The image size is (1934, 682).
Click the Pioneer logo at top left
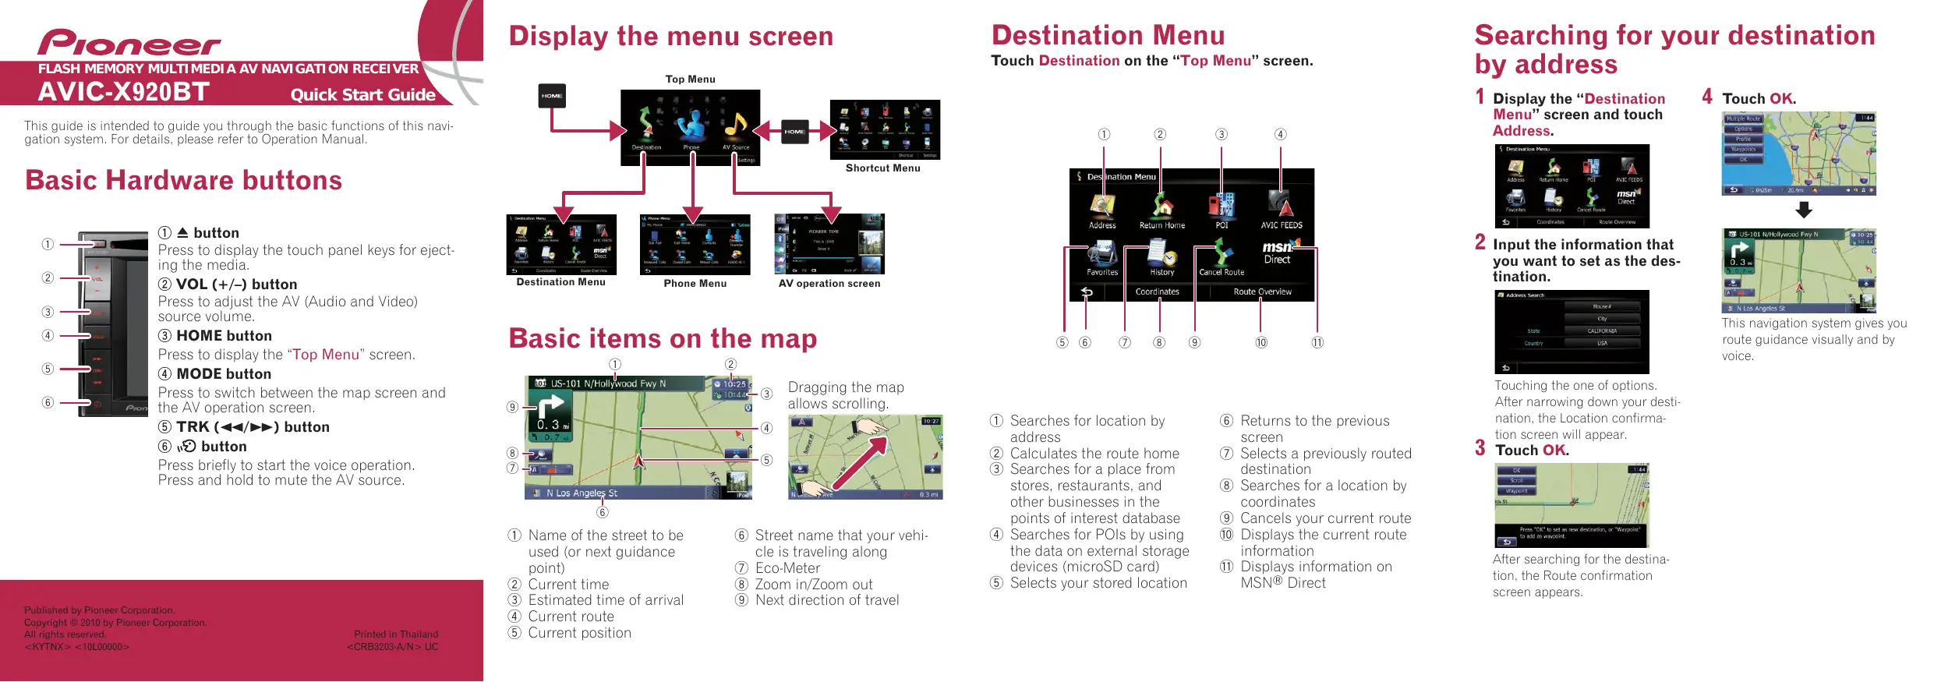pyautogui.click(x=129, y=43)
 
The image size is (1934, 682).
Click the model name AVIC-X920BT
pyautogui.click(x=123, y=93)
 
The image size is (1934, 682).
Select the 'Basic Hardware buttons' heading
pyautogui.click(x=183, y=181)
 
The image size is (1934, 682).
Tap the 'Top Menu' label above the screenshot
pyautogui.click(x=690, y=80)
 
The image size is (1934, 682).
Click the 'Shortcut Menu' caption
pyautogui.click(x=882, y=168)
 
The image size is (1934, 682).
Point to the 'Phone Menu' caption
pyautogui.click(x=695, y=284)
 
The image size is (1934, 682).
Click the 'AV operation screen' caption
pyautogui.click(x=829, y=284)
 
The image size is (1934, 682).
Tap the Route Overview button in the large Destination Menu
pyautogui.click(x=1262, y=292)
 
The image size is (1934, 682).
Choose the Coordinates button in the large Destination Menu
pyautogui.click(x=1157, y=292)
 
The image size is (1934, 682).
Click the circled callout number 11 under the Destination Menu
pyautogui.click(x=1317, y=343)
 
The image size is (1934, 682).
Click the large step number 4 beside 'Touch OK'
pyautogui.click(x=1707, y=97)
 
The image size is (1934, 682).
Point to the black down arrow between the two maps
pyautogui.click(x=1804, y=210)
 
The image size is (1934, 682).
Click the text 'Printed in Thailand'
pyautogui.click(x=396, y=634)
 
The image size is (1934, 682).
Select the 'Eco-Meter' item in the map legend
pyautogui.click(x=787, y=568)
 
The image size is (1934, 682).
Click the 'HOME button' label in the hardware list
pyautogui.click(x=224, y=336)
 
